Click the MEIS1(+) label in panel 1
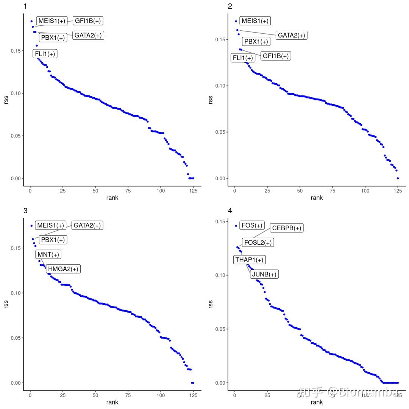[52, 21]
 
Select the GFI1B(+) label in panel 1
[88, 21]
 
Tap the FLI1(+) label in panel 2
[243, 58]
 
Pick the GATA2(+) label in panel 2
[291, 35]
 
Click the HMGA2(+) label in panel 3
[63, 269]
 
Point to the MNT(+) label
[48, 254]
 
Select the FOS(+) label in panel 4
[252, 225]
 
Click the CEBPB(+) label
[287, 228]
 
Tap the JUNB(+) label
[264, 274]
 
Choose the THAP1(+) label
[249, 260]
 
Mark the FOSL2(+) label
[258, 243]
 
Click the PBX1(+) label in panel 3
[53, 240]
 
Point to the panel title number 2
[230, 6]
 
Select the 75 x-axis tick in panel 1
[128, 190]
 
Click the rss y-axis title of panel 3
[6, 304]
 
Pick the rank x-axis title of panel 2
[317, 198]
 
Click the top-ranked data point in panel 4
[236, 226]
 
